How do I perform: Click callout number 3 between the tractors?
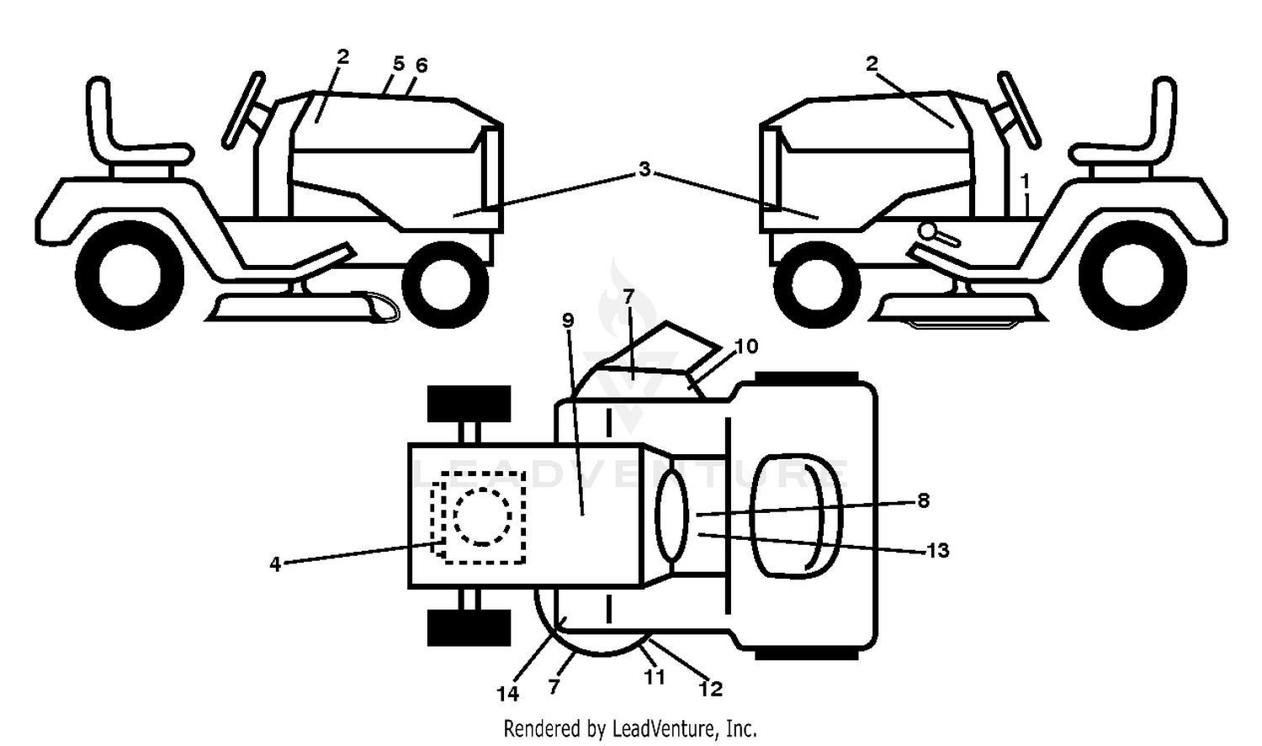tap(644, 169)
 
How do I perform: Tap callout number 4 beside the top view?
tap(275, 564)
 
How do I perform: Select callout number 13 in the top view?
tap(938, 550)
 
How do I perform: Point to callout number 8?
tap(923, 500)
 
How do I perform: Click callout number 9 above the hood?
tap(568, 320)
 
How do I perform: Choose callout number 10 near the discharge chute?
tap(746, 347)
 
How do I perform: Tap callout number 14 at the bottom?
tap(507, 694)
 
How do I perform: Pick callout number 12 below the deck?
tap(710, 688)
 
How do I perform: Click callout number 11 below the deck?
tap(655, 676)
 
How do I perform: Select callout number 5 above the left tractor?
tap(398, 64)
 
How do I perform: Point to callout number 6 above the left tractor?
tap(422, 66)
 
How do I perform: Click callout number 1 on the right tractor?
tap(1025, 182)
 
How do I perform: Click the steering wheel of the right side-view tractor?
tap(1019, 110)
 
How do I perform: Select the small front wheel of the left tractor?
tap(445, 284)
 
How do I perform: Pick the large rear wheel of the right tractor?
tap(1132, 275)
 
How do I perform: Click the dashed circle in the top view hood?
tap(482, 516)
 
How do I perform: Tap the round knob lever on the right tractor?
tap(938, 234)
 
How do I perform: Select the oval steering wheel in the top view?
tap(671, 516)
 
